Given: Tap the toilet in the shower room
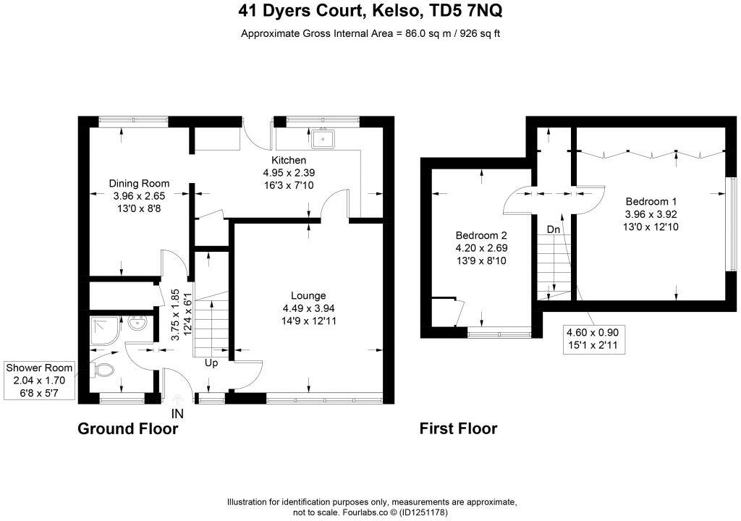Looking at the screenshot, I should coord(104,370).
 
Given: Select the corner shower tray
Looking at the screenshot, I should coord(103,329).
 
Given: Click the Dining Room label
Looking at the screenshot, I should coord(139,183).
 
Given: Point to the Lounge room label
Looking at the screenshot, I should coord(308,295).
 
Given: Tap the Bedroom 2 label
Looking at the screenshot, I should coord(480,235).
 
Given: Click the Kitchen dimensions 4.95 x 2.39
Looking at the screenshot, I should coord(289,173).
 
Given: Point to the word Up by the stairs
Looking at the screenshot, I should coord(212,362).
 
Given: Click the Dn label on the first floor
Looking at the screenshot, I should coord(554,229).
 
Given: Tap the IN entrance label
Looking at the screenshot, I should coord(178,414).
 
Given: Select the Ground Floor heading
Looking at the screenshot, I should coord(127,429).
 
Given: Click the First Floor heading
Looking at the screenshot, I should coord(458,429).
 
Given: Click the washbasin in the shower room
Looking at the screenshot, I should coord(137,324).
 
